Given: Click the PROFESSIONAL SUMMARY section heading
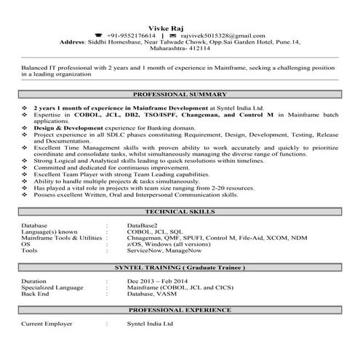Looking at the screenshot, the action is tap(180, 95).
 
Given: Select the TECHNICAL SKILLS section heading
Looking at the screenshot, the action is tap(180, 211).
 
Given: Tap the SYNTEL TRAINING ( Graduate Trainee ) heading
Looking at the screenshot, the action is tap(180, 268).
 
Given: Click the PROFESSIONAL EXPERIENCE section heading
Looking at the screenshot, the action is tap(180, 311).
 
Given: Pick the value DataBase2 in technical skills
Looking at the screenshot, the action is tap(144, 225).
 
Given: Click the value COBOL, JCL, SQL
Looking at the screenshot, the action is tap(152, 231).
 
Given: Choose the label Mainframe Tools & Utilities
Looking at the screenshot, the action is tap(61, 238).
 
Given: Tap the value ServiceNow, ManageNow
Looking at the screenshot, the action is tap(161, 251).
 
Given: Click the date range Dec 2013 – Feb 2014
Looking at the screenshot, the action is tap(159, 281).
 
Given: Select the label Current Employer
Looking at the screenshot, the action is tap(47, 323).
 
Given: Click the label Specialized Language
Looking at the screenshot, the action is tap(52, 288).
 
